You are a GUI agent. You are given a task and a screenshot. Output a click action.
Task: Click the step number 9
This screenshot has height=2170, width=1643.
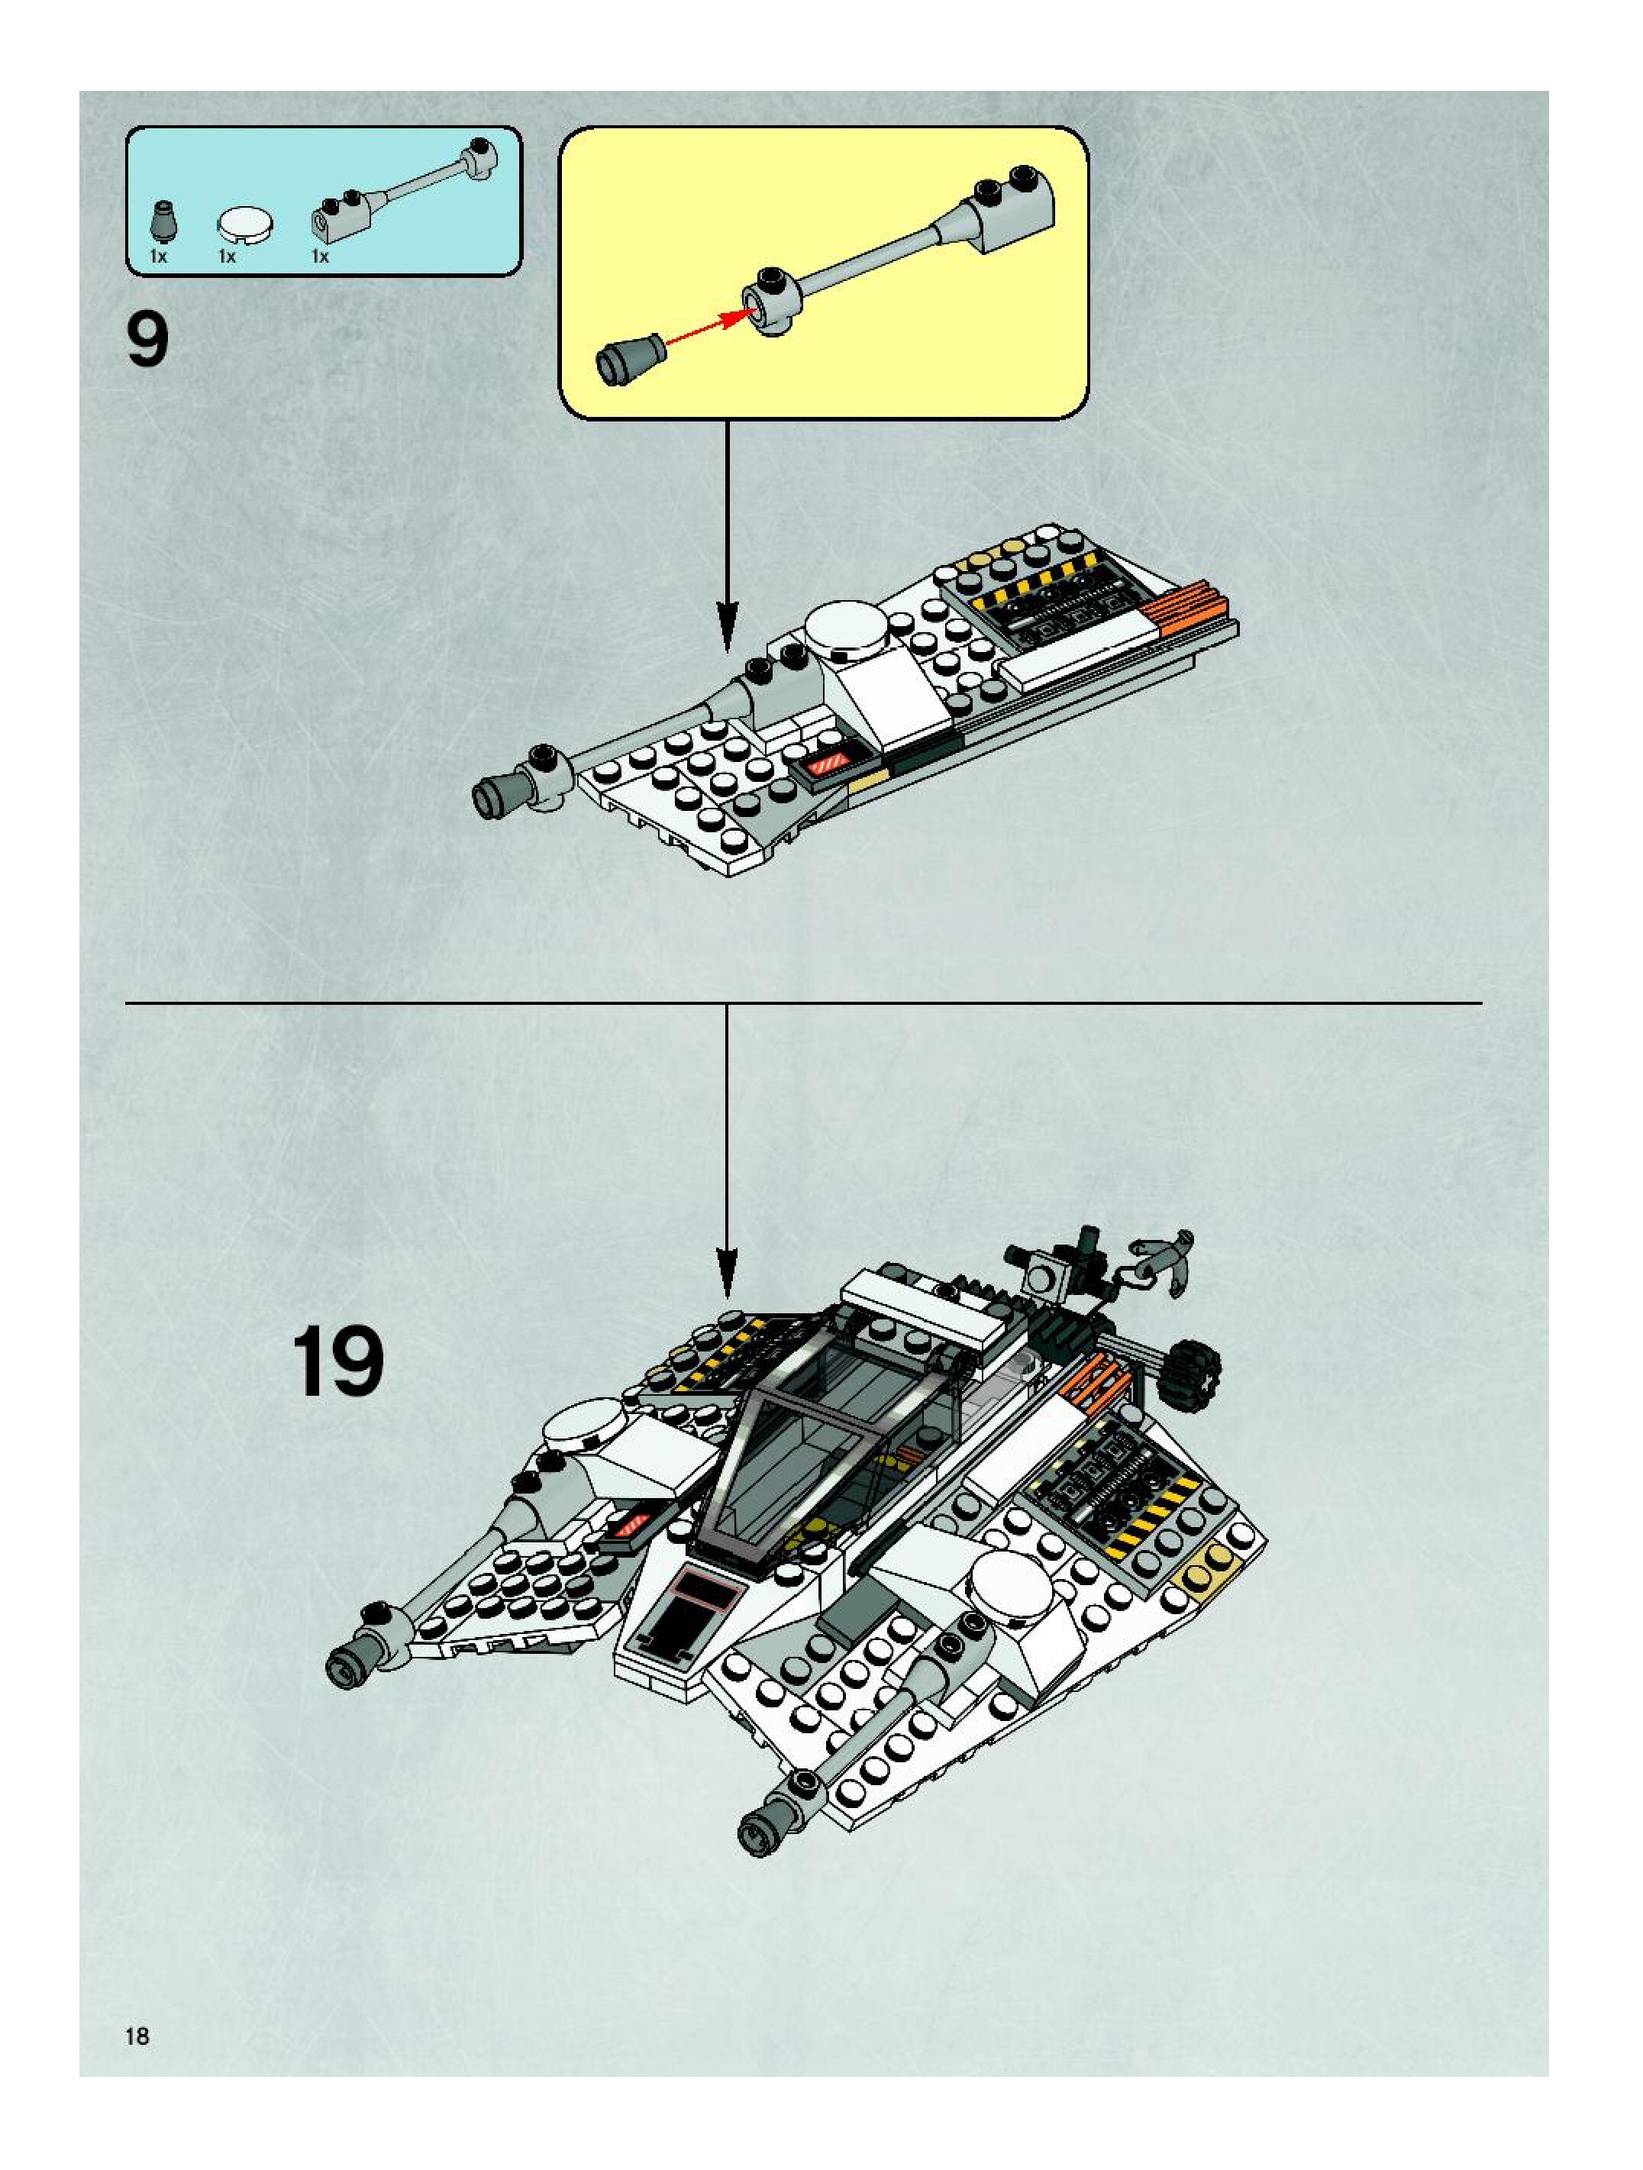tap(147, 340)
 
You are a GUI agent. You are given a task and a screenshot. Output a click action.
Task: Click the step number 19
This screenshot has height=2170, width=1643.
tap(337, 1361)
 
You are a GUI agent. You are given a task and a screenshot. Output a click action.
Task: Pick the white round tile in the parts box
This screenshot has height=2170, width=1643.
tap(244, 224)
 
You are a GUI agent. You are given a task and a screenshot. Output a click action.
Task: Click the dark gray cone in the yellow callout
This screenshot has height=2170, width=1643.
tap(628, 357)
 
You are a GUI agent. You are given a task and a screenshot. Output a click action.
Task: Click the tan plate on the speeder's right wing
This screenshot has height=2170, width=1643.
tap(1215, 1577)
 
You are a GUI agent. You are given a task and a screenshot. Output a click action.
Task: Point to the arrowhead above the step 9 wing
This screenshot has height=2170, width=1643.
tap(727, 628)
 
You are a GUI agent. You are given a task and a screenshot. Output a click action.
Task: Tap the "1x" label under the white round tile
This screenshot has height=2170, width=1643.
tap(228, 257)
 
